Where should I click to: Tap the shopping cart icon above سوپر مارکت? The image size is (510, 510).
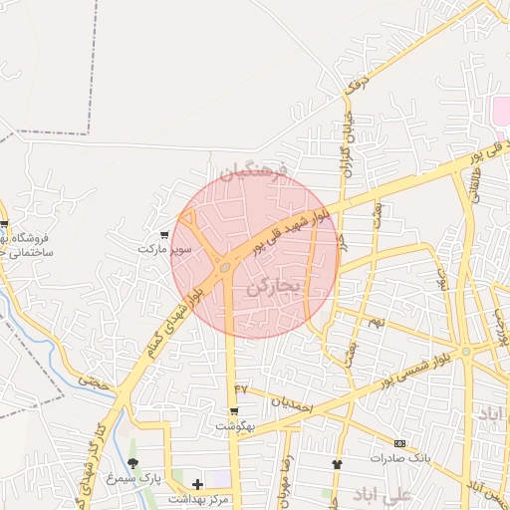[164, 235]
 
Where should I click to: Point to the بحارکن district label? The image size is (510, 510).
[272, 287]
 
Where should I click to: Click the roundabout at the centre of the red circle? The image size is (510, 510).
[226, 267]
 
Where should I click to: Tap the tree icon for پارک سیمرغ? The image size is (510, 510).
[132, 465]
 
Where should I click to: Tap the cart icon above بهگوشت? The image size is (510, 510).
[234, 411]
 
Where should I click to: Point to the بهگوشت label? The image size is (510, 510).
[235, 425]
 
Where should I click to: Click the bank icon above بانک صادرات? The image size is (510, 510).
[399, 443]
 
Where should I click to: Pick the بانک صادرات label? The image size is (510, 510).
[398, 458]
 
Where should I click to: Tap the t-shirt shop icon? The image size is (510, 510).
[336, 464]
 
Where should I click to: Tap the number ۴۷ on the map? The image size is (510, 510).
[240, 386]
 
